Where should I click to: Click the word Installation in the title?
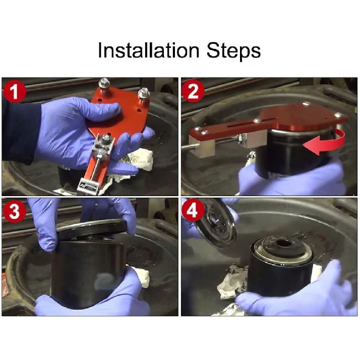coord(148,50)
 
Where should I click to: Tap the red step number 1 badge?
coord(15,91)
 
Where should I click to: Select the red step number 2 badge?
coord(193,91)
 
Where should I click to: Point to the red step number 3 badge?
coord(15,210)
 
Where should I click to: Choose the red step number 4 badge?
coord(193,210)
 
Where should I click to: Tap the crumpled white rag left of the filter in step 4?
coord(232,281)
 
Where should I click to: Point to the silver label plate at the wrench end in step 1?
coord(89,186)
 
